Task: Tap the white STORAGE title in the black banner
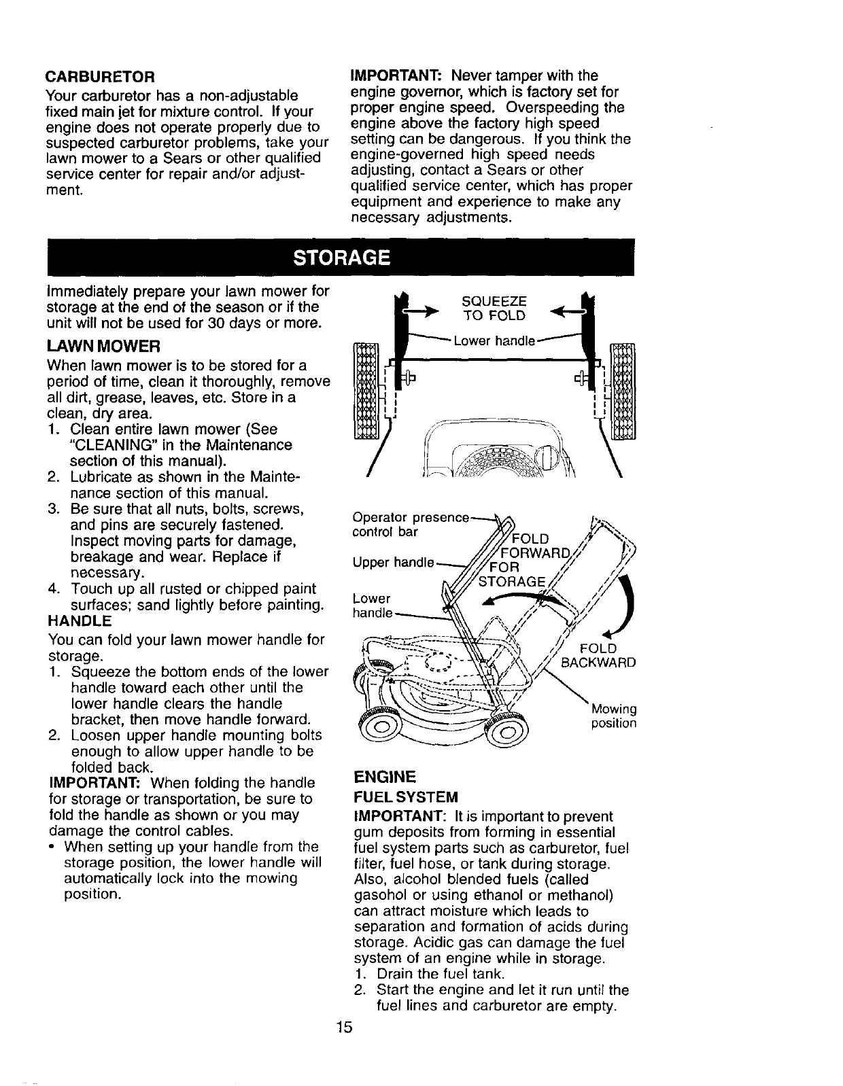pyautogui.click(x=342, y=258)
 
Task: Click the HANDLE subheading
pyautogui.click(x=80, y=621)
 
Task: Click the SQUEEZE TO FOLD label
pyautogui.click(x=494, y=309)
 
